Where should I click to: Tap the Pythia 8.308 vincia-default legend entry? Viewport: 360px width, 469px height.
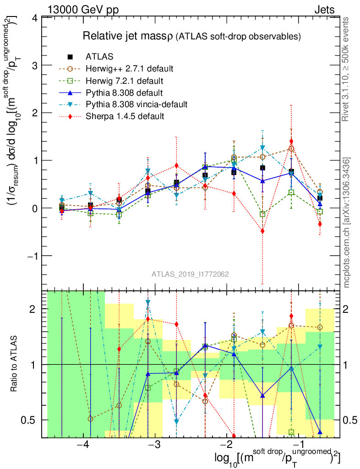click(136, 104)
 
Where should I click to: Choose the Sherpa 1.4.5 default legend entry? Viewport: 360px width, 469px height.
click(125, 116)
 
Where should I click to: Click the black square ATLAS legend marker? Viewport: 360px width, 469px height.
click(70, 57)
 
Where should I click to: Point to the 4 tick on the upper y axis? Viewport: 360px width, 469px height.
click(34, 18)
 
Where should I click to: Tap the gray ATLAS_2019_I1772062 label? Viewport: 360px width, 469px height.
click(190, 274)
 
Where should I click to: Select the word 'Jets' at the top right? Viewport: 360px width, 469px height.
click(324, 9)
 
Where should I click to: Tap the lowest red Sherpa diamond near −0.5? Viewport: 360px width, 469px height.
click(262, 231)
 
